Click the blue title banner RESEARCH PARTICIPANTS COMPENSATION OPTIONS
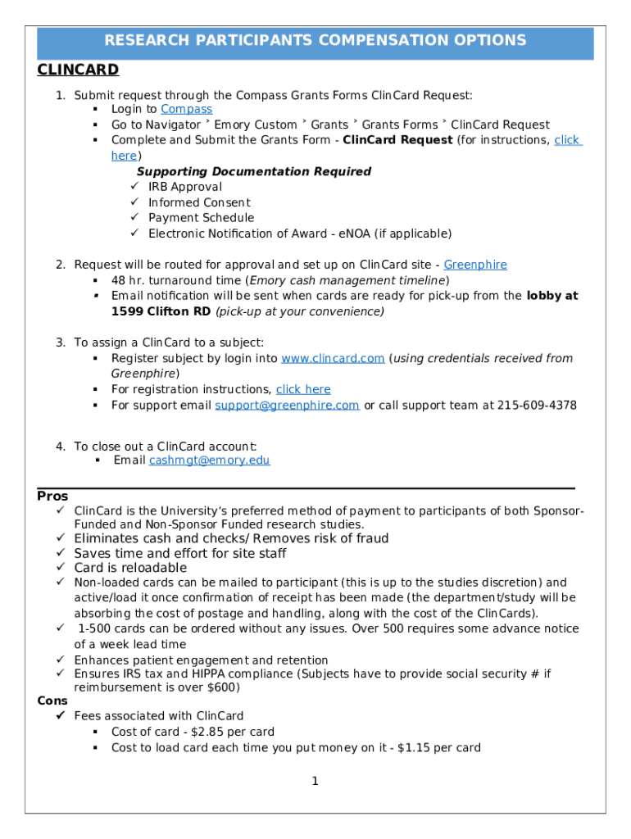coord(315,41)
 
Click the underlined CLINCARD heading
coord(78,70)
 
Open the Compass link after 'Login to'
coord(186,109)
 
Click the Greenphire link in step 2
coord(474,265)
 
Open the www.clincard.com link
coord(333,358)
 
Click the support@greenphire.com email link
coord(287,405)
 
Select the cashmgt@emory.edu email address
coord(209,460)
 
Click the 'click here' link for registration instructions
coord(303,389)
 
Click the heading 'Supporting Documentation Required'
coord(253,171)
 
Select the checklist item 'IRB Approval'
coord(184,187)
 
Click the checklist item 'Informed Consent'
coord(199,202)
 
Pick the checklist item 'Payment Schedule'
coord(201,218)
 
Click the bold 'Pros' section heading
coord(52,497)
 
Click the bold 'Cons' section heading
coord(53,701)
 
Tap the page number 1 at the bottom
coord(315,781)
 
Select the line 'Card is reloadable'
coord(130,568)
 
